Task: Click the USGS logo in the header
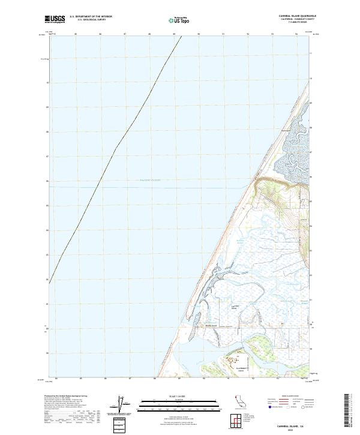coord(55,19)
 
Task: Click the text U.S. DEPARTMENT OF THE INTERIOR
coord(91,17)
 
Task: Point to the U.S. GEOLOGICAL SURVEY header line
coord(91,20)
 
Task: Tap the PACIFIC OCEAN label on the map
coord(150,180)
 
